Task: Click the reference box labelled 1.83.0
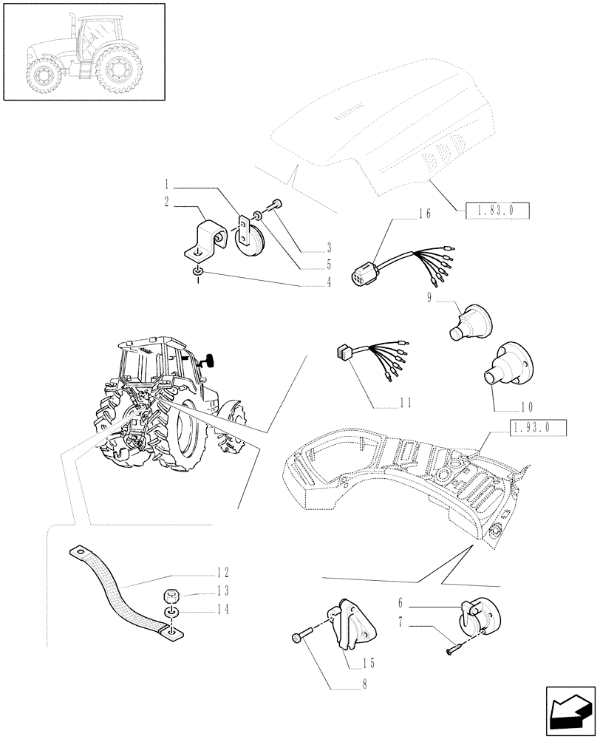[x=500, y=211]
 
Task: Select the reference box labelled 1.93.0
[x=537, y=426]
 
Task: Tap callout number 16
[x=423, y=214]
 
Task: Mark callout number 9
[x=429, y=297]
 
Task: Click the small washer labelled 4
[x=199, y=275]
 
